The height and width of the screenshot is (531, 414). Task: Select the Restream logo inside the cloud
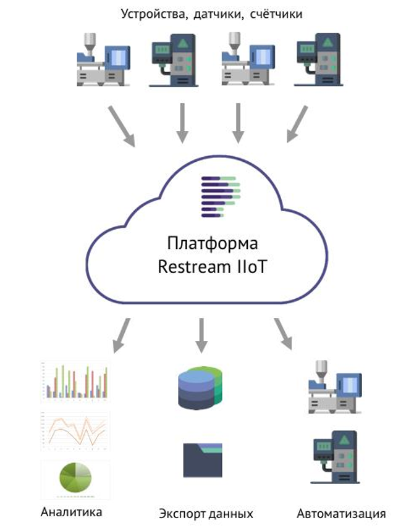220,196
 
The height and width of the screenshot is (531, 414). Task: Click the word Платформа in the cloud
205,241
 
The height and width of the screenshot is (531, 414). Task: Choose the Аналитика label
71,512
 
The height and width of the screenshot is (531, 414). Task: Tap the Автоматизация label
341,513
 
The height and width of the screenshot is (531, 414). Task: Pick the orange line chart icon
75,430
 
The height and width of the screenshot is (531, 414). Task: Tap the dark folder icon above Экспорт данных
202,460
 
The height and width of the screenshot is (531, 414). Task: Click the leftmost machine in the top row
102,62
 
